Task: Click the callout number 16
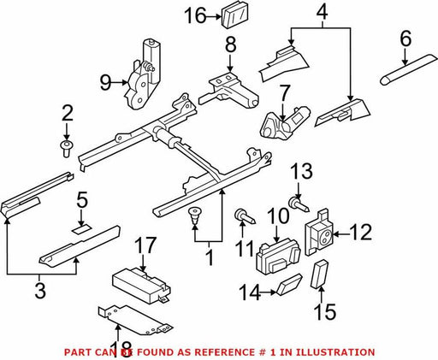pyautogui.click(x=195, y=16)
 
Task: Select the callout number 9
pyautogui.click(x=105, y=83)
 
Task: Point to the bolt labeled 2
pyautogui.click(x=66, y=148)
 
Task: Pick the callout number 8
pyautogui.click(x=230, y=45)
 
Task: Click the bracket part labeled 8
pyautogui.click(x=228, y=91)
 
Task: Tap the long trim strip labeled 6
pyautogui.click(x=408, y=69)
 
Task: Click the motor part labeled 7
pyautogui.click(x=284, y=123)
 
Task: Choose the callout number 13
pyautogui.click(x=301, y=172)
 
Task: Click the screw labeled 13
pyautogui.click(x=299, y=205)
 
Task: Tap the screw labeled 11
pyautogui.click(x=245, y=217)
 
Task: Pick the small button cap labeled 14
pyautogui.click(x=288, y=285)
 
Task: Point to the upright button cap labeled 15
pyautogui.click(x=319, y=274)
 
